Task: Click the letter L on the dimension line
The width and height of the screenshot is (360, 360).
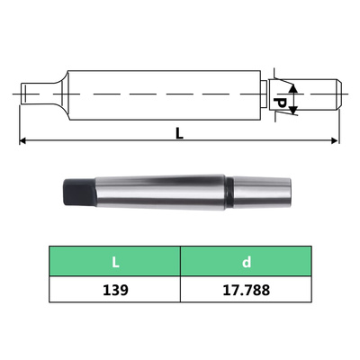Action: click(180, 133)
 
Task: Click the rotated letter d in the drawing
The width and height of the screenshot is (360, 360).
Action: click(281, 103)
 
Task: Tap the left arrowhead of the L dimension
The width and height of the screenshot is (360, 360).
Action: click(23, 141)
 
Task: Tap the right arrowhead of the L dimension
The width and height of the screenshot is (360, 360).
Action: click(335, 141)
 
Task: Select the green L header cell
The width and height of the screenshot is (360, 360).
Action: click(115, 264)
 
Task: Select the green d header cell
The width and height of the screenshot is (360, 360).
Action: click(245, 264)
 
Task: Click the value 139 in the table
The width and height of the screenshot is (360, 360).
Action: click(115, 291)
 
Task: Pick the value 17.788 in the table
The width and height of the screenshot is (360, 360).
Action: click(245, 291)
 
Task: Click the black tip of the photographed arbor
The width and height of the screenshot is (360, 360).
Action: click(74, 193)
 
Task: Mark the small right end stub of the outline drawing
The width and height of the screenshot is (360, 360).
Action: click(324, 93)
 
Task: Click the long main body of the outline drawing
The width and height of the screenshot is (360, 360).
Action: click(162, 93)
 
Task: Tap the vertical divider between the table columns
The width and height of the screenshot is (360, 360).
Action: click(180, 277)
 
